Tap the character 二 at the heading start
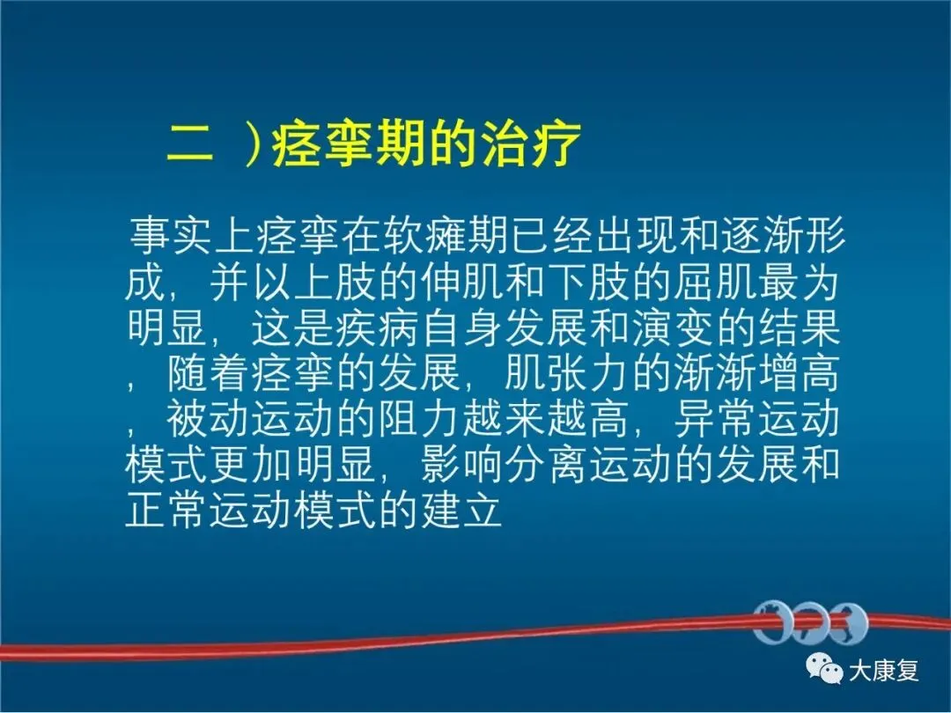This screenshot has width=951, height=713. tap(190, 145)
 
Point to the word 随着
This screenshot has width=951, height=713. tap(208, 374)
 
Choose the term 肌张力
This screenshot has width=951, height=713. tap(565, 374)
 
